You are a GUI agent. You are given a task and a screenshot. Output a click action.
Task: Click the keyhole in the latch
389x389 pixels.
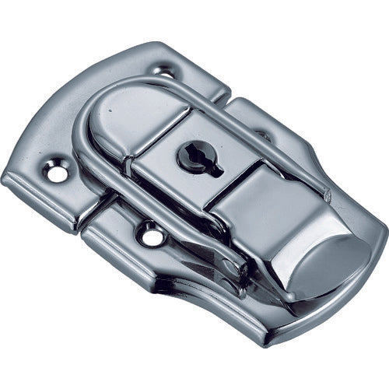[x=191, y=156]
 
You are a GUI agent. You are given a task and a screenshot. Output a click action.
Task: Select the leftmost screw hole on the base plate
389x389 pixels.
[x=57, y=173]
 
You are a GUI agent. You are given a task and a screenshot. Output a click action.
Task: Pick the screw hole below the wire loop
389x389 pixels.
[x=151, y=234]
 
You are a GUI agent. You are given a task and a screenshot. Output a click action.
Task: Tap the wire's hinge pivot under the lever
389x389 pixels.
[x=233, y=268]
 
